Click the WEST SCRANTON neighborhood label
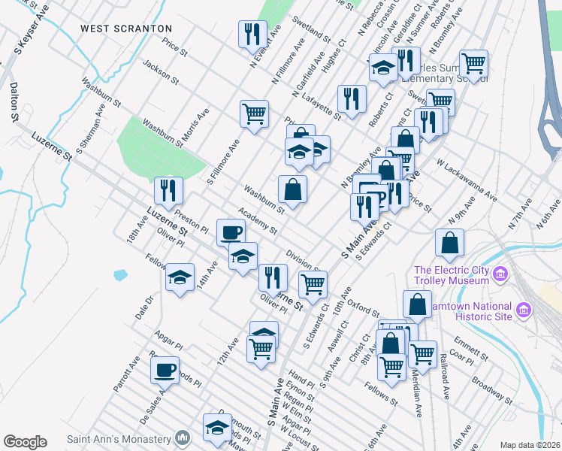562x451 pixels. pyautogui.click(x=127, y=28)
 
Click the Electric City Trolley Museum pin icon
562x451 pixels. pyautogui.click(x=500, y=275)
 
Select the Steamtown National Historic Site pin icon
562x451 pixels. pyautogui.click(x=524, y=310)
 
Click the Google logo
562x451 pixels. pyautogui.click(x=25, y=441)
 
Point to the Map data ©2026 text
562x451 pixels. pyautogui.click(x=530, y=445)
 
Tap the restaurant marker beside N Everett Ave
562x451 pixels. pyautogui.click(x=252, y=34)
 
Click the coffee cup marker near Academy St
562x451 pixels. pyautogui.click(x=231, y=232)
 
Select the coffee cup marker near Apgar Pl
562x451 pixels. pyautogui.click(x=165, y=369)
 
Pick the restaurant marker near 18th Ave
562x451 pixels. pyautogui.click(x=168, y=190)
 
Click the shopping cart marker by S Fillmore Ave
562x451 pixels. pyautogui.click(x=254, y=114)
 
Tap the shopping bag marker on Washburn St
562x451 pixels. pyautogui.click(x=292, y=189)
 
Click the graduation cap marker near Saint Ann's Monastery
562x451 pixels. pyautogui.click(x=217, y=426)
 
